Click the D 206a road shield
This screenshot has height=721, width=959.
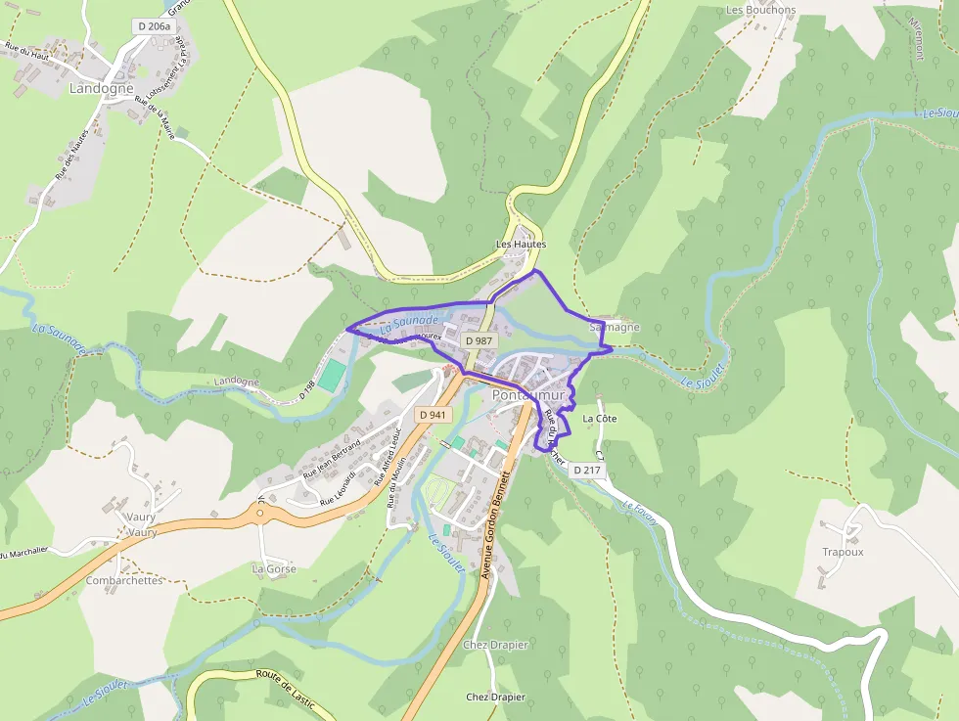point(154,26)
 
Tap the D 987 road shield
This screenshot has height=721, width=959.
point(479,340)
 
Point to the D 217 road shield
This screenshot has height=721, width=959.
point(588,471)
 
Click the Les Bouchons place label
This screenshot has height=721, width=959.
point(760,10)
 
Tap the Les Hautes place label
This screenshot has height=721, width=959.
point(521,244)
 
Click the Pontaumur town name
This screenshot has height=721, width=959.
point(529,395)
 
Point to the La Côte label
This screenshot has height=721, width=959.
point(601,419)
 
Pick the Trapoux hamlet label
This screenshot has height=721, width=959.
point(843,552)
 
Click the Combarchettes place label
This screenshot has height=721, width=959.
point(123,580)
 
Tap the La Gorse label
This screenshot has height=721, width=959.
point(274,568)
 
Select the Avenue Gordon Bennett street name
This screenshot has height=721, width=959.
point(495,524)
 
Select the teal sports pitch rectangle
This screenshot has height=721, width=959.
point(333,376)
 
